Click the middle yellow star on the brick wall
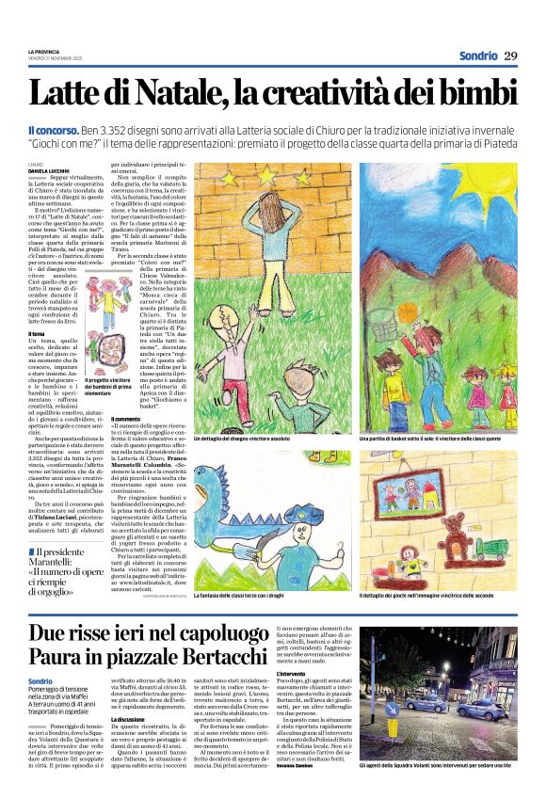278,176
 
